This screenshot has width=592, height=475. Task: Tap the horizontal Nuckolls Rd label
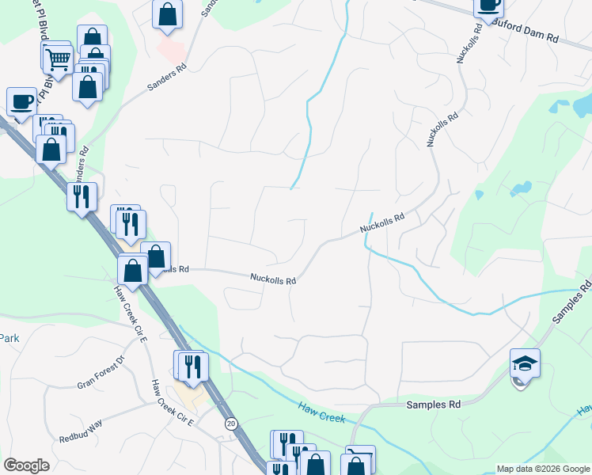tap(273, 279)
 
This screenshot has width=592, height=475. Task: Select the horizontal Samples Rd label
tap(433, 405)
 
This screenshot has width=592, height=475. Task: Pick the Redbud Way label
tap(81, 430)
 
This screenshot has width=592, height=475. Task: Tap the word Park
tap(9, 338)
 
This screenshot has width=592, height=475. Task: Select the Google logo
tap(26, 465)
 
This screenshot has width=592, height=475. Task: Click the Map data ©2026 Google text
tap(542, 469)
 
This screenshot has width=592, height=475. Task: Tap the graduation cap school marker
tap(525, 363)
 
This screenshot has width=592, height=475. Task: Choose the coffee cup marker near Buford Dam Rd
tap(488, 5)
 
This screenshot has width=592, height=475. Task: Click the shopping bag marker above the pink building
tap(167, 13)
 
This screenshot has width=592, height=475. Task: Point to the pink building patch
tap(171, 51)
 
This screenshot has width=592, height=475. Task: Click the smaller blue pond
tap(521, 188)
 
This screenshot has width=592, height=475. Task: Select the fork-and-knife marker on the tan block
tap(193, 366)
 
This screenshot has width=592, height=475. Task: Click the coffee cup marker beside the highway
tap(21, 101)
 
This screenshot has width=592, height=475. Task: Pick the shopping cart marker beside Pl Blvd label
tap(57, 57)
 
